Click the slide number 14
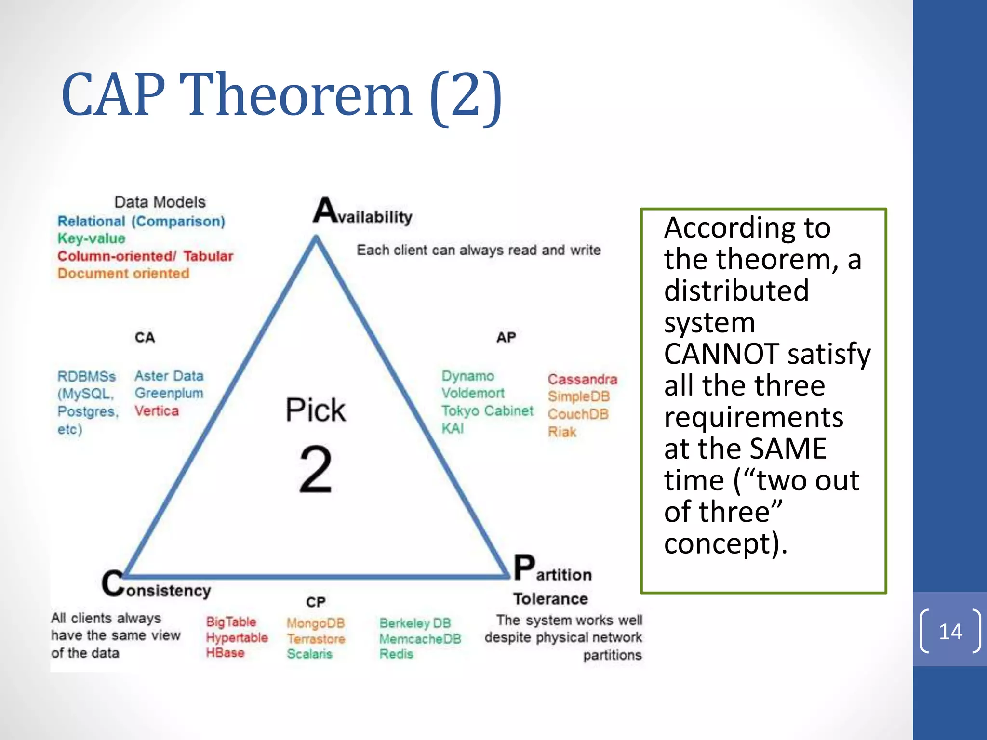click(950, 632)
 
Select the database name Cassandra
click(582, 379)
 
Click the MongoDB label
click(316, 623)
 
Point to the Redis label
click(396, 654)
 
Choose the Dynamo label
click(467, 376)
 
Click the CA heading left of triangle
click(145, 337)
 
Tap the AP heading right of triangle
click(506, 337)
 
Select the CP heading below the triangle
click(316, 602)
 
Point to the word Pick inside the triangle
click(316, 410)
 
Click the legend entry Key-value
click(91, 238)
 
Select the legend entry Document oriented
click(123, 273)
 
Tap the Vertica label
click(157, 411)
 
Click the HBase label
click(225, 653)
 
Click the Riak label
click(562, 432)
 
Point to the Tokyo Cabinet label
click(487, 411)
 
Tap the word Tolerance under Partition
click(550, 599)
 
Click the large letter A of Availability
click(325, 211)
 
